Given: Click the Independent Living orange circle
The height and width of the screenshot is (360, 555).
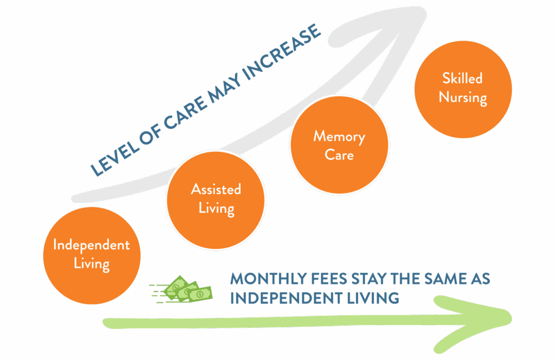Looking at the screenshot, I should coord(92,255).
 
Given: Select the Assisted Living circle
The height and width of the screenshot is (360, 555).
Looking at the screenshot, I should coord(216,199).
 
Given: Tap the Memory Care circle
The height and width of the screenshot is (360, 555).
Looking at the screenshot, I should coord(339,145).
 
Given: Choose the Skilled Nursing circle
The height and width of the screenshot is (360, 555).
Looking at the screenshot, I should coord(462,88).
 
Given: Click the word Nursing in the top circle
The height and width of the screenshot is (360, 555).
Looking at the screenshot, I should coord(463,98).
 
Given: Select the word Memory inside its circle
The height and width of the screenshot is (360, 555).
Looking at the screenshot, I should coord(339,136).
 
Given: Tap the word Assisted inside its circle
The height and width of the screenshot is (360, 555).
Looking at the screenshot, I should coord(216,190).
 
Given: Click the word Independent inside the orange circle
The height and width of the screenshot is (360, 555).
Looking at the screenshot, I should coord(92,245).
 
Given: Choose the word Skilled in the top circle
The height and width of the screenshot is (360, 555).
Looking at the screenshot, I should coord(462,79).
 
